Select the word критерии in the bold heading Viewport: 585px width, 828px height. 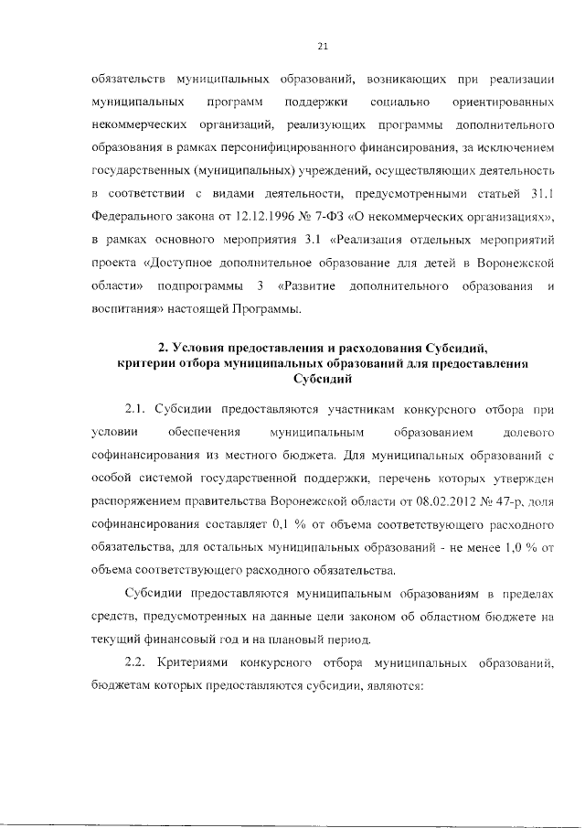pos(146,363)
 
